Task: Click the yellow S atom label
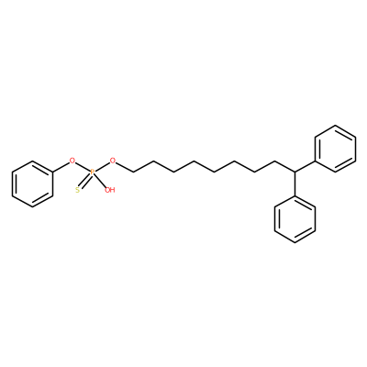77,190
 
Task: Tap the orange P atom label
93,172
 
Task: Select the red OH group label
109,190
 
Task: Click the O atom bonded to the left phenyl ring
72,161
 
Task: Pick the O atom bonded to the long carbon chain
113,161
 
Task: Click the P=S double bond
85,181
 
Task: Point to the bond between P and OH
100,181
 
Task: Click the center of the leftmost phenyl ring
32,184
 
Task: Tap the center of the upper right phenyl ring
336,149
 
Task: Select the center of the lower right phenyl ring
295,219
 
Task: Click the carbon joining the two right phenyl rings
295,172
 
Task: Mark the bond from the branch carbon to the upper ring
305,166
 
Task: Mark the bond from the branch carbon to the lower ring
295,183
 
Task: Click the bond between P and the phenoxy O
83,167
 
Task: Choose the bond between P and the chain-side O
103,166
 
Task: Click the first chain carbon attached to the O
133,172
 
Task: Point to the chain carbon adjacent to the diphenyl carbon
274,161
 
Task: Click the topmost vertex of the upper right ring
336,126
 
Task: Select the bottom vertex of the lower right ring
295,243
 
